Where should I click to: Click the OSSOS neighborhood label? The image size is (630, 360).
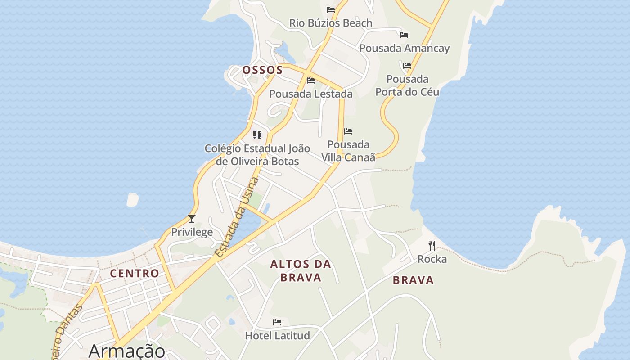[262, 70]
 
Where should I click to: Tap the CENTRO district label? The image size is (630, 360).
[135, 273]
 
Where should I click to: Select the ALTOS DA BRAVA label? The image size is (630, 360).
[301, 270]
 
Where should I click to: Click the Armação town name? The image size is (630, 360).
[127, 351]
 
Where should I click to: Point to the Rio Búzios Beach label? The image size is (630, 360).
[330, 23]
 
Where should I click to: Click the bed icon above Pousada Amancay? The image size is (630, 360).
[404, 35]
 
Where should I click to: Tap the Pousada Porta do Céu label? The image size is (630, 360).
[407, 85]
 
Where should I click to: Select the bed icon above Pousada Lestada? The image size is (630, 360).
[310, 81]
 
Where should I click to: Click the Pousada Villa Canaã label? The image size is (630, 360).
[348, 151]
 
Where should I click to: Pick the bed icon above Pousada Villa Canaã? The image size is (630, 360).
[348, 131]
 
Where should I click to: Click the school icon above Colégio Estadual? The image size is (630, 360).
[257, 135]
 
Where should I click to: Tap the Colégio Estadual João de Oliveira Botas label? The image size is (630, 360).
[257, 154]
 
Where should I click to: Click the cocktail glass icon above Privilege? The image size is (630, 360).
[192, 219]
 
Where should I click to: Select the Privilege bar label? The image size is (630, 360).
[192, 232]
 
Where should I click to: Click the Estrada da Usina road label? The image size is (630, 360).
[237, 217]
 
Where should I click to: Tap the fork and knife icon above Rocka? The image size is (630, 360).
[432, 245]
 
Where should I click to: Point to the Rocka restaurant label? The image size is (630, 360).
[432, 259]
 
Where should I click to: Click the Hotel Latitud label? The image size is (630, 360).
[277, 335]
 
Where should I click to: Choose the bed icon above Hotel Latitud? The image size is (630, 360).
[277, 322]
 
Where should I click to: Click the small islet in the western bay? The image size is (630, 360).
[132, 199]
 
